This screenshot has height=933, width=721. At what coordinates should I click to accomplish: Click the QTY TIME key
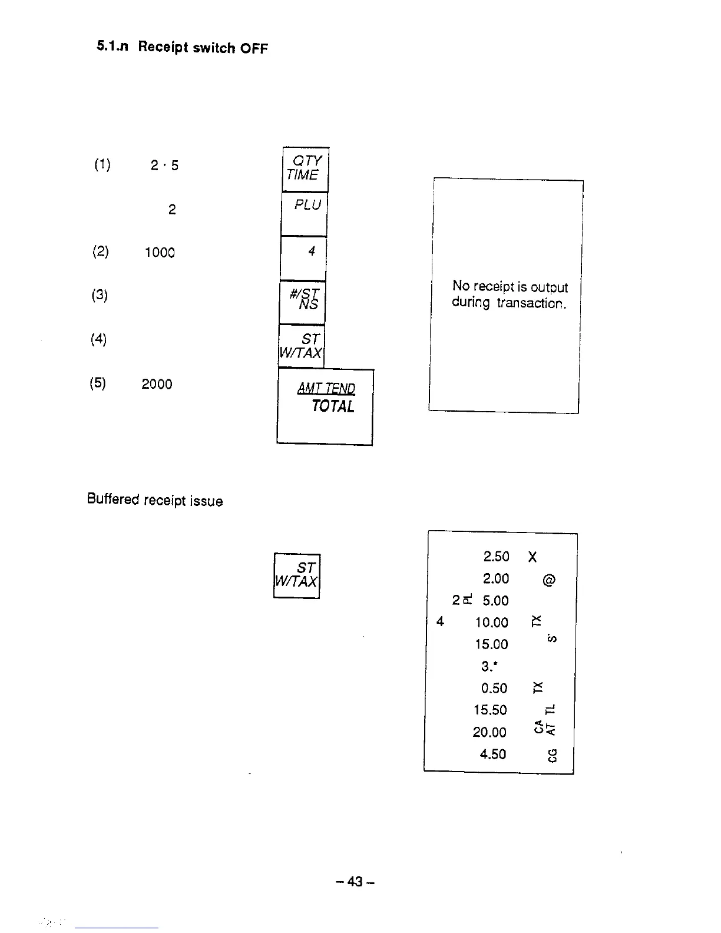tap(305, 168)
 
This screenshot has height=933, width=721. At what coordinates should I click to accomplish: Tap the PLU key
tap(304, 213)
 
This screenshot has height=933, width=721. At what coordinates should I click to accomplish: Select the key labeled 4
tap(303, 257)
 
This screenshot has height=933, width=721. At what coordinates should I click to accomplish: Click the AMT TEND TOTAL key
tap(325, 406)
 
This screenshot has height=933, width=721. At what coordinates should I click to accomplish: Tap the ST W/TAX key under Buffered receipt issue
tap(297, 575)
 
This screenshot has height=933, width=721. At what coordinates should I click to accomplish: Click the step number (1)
tap(102, 164)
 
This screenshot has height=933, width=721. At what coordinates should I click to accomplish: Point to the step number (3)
tap(100, 295)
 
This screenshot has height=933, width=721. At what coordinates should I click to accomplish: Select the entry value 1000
tap(160, 253)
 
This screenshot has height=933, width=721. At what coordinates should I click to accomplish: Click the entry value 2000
tap(157, 384)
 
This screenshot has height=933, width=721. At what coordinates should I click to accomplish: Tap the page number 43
tap(355, 881)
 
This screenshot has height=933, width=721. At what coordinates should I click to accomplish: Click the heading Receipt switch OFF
tap(203, 48)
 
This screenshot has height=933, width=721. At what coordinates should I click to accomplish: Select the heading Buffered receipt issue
tap(155, 500)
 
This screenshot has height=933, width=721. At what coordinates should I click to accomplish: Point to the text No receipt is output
tap(510, 287)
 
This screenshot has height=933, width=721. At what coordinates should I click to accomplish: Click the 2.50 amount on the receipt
tap(496, 557)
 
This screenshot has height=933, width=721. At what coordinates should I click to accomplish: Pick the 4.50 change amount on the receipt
tap(493, 754)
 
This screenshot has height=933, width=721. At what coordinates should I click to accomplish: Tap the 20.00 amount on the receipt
tap(490, 732)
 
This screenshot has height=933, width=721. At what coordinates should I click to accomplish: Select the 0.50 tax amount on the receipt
tap(494, 688)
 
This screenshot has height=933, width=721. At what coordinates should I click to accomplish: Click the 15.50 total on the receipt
tap(490, 710)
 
